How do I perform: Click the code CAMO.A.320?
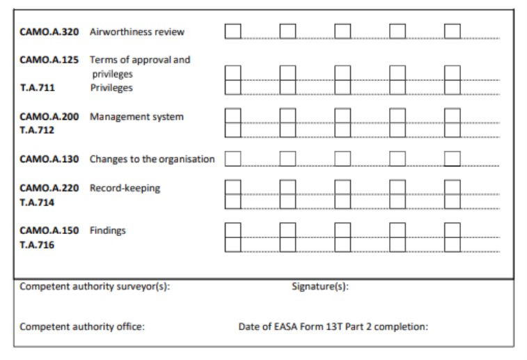point(49,32)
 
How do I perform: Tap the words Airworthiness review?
point(136,32)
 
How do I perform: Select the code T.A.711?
point(38,88)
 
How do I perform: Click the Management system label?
point(136,117)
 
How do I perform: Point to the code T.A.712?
point(37,130)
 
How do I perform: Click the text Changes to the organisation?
point(152,159)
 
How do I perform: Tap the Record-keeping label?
point(125,188)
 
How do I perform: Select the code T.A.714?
point(37,203)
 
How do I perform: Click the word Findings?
point(107,230)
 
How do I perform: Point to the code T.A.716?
point(37,244)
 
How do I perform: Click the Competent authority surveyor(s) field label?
point(95,286)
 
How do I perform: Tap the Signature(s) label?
point(320,286)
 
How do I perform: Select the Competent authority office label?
point(82,327)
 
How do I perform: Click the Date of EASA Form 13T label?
point(333,327)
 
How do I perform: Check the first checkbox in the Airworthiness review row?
point(233,31)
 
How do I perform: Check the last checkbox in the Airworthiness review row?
point(453,31)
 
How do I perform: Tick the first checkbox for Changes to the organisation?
point(233,159)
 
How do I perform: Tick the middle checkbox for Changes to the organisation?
point(343,159)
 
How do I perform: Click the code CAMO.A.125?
point(49,60)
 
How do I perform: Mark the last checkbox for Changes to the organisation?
point(453,159)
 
